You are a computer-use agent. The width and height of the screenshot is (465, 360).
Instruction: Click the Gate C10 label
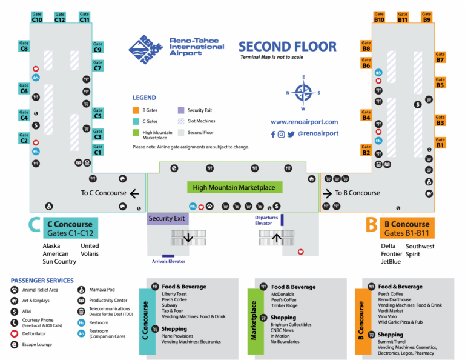[37, 17]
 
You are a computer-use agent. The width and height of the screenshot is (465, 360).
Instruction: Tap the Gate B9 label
[427, 17]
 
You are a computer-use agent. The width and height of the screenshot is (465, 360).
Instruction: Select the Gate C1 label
[97, 150]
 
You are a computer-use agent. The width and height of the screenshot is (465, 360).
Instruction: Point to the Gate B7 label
[440, 57]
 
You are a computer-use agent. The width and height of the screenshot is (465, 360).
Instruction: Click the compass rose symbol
[303, 93]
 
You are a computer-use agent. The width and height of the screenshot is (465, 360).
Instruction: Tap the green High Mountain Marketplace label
[234, 188]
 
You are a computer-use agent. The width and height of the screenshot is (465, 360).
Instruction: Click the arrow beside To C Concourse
[134, 193]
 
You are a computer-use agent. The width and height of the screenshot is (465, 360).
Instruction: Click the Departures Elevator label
[267, 220]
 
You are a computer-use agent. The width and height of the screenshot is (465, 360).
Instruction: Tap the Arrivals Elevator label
[168, 261]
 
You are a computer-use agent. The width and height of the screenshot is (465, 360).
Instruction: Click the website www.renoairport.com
[305, 122]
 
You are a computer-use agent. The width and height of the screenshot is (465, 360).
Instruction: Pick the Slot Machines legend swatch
[181, 121]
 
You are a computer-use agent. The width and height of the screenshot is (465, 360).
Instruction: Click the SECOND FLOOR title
[287, 47]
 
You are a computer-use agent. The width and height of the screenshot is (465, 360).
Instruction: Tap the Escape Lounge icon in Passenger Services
[14, 344]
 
